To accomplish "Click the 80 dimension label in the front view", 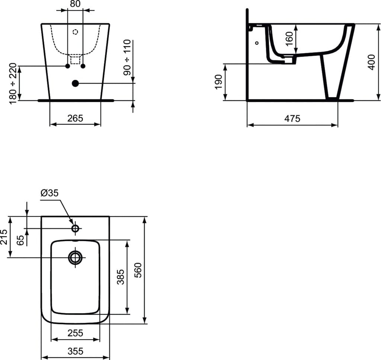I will click(x=75, y=4).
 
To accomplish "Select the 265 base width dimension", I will click(x=75, y=118).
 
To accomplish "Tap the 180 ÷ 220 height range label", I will click(x=13, y=84).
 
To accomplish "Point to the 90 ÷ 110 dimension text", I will click(x=128, y=58).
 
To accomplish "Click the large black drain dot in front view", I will click(x=75, y=83).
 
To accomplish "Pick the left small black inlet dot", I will click(x=67, y=66).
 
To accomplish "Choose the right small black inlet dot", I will click(x=83, y=66).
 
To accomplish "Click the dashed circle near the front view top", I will click(x=75, y=32).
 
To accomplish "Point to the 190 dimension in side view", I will click(x=218, y=82).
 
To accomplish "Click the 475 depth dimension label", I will click(x=292, y=119).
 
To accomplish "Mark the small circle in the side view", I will click(x=257, y=43).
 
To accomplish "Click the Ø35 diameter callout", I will click(x=49, y=193).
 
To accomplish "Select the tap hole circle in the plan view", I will click(x=75, y=228).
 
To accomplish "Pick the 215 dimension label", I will click(x=4, y=236).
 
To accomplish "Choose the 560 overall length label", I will click(x=138, y=270).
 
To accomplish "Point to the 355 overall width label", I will click(x=75, y=351).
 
